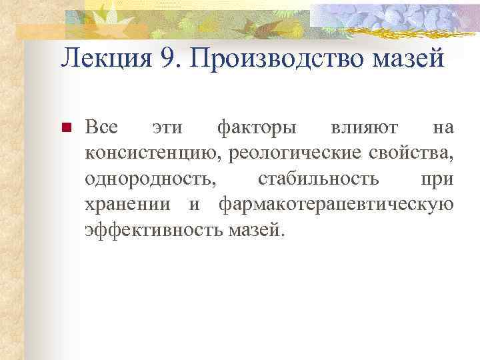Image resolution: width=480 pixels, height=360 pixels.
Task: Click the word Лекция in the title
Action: click(x=103, y=59)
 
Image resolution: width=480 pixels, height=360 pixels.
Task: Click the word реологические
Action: click(x=294, y=153)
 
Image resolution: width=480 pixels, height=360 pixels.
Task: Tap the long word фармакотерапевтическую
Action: click(x=337, y=204)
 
